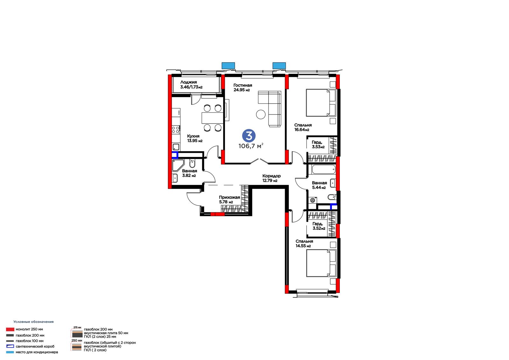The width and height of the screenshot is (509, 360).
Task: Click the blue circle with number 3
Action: [x=249, y=136]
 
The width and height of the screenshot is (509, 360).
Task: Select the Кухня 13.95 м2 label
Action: [x=195, y=138]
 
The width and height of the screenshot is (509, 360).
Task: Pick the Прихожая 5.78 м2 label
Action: [x=229, y=200]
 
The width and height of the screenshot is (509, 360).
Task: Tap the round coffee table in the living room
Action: [x=261, y=114]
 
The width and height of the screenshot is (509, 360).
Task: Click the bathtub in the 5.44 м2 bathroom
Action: [x=324, y=169]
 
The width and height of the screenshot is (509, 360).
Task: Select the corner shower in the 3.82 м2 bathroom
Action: [x=178, y=165]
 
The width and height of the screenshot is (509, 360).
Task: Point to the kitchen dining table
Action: [x=213, y=118]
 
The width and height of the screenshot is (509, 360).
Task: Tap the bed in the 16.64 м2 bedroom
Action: [x=321, y=103]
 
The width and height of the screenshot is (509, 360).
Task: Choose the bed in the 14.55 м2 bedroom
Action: [x=321, y=263]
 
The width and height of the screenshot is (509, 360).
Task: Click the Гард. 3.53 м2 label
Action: [x=318, y=145]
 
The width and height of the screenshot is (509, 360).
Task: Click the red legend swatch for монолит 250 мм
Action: [x=10, y=329]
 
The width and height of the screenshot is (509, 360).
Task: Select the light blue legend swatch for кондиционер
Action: [x=10, y=352]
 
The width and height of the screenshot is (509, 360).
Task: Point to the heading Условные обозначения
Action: [x=33, y=322]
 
